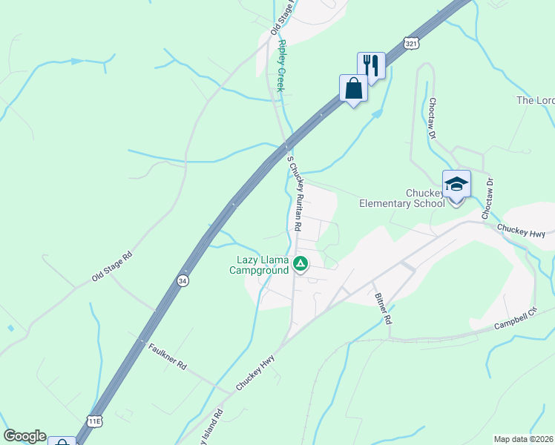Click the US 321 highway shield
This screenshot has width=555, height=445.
(411, 43)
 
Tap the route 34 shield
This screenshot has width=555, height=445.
(182, 280)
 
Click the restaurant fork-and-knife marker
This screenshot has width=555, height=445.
(370, 66)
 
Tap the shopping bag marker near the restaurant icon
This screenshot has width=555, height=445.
(352, 88)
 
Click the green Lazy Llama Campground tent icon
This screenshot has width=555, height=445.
(301, 263)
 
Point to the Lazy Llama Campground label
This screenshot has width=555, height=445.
(262, 265)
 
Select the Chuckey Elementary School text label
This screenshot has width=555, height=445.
(401, 198)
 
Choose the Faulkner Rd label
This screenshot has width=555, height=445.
(167, 357)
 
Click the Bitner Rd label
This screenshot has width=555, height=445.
(383, 308)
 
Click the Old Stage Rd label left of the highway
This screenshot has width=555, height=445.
(112, 266)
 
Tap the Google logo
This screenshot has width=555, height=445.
(24, 436)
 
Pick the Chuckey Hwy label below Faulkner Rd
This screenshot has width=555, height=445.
(255, 372)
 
